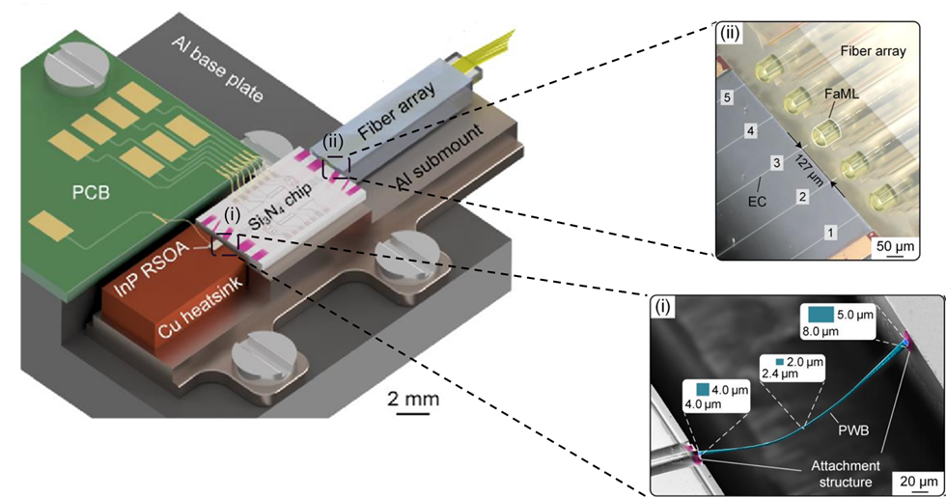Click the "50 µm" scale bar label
[897, 246]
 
